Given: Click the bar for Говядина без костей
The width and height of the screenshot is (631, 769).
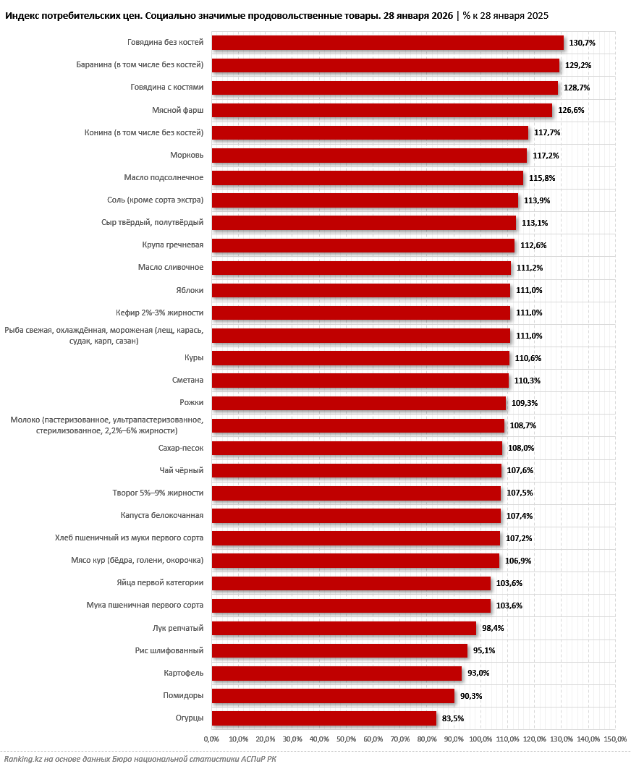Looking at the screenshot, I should pyautogui.click(x=387, y=43).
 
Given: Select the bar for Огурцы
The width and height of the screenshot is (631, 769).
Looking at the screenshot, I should pyautogui.click(x=323, y=718).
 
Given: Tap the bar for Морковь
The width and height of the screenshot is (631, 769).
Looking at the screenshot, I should pyautogui.click(x=369, y=156).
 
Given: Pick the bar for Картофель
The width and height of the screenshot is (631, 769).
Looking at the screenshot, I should pyautogui.click(x=336, y=674).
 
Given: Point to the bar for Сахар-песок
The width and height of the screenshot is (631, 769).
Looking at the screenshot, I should pyautogui.click(x=357, y=448).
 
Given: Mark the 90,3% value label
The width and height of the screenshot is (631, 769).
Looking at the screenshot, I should pyautogui.click(x=470, y=696).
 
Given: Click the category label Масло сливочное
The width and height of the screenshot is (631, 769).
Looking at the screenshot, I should pyautogui.click(x=171, y=268).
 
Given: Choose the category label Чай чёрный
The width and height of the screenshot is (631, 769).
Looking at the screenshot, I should pyautogui.click(x=181, y=470).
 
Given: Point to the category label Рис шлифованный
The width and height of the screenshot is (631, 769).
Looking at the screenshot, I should pyautogui.click(x=169, y=650).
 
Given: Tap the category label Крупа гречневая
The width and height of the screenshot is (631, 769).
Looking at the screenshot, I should pyautogui.click(x=173, y=245).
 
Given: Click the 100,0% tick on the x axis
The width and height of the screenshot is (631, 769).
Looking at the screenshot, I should pyautogui.click(x=480, y=739).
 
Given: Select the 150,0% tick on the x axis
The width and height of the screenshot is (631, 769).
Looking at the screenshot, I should pyautogui.click(x=615, y=739).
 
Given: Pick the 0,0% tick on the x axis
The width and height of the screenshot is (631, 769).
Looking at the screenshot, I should pyautogui.click(x=211, y=739).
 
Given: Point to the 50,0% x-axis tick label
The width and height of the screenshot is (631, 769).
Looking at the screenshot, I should pyautogui.click(x=346, y=739).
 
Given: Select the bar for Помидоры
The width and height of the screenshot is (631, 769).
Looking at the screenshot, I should pyautogui.click(x=333, y=696).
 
